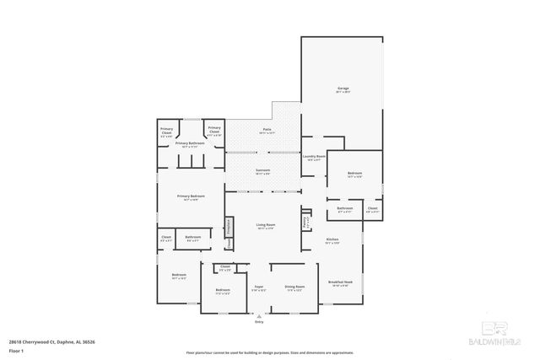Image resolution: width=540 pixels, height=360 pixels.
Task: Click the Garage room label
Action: click(343, 89)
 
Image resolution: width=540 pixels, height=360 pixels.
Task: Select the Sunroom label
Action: click(263, 171)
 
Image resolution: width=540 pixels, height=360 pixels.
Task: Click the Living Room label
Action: click(267, 225)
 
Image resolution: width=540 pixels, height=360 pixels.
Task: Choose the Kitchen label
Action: click(332, 241)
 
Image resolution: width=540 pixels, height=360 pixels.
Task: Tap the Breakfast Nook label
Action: click(341, 283)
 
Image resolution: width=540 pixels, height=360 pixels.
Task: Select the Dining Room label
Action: click(294, 287)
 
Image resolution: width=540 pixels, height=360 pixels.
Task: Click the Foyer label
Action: click(258, 287)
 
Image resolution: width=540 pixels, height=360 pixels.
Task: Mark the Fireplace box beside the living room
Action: click(228, 227)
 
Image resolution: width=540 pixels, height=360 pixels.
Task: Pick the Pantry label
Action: click(305, 222)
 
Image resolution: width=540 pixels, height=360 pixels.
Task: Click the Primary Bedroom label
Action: click(188, 197)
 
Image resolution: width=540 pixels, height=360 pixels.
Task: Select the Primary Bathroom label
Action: click(190, 144)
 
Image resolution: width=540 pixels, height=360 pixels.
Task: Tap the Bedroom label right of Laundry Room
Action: click(354, 175)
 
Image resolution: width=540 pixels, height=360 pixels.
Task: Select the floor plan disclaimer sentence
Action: click(270, 352)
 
